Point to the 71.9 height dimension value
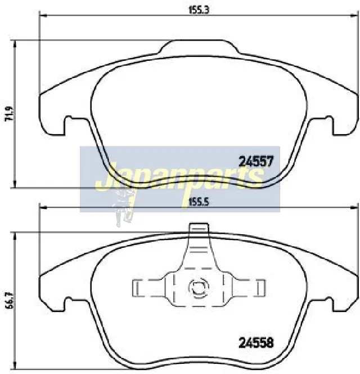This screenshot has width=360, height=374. coord(10,114)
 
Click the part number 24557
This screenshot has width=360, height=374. coord(256,161)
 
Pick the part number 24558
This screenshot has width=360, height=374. coord(256,343)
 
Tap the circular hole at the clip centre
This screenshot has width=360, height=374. coord(199,288)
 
